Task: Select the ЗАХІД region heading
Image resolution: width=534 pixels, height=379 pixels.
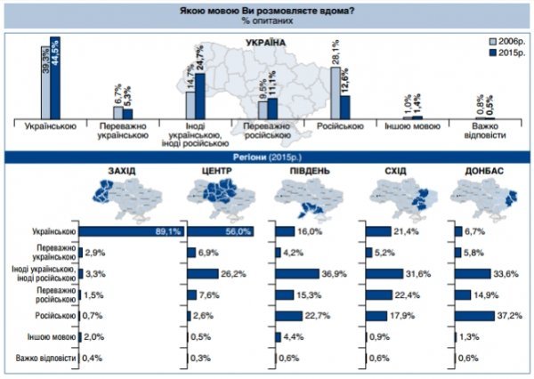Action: tap(121, 169)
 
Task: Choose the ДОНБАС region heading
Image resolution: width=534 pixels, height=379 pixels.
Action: tap(478, 169)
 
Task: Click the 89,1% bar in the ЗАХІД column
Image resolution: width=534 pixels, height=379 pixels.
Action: tap(133, 231)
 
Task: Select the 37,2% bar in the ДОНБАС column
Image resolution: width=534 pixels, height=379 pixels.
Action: tap(488, 316)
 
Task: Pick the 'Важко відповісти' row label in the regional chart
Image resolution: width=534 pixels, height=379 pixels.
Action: tap(45, 359)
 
